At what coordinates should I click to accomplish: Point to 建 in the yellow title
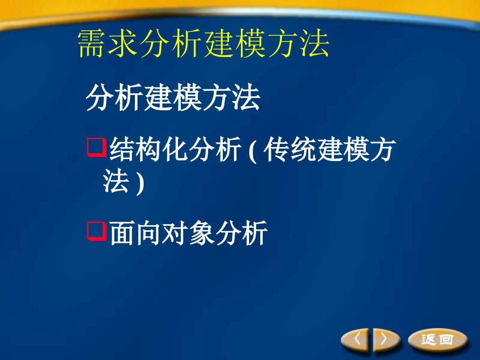click(220, 45)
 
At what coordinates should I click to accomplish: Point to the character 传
click(277, 150)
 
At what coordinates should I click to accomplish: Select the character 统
click(304, 150)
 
